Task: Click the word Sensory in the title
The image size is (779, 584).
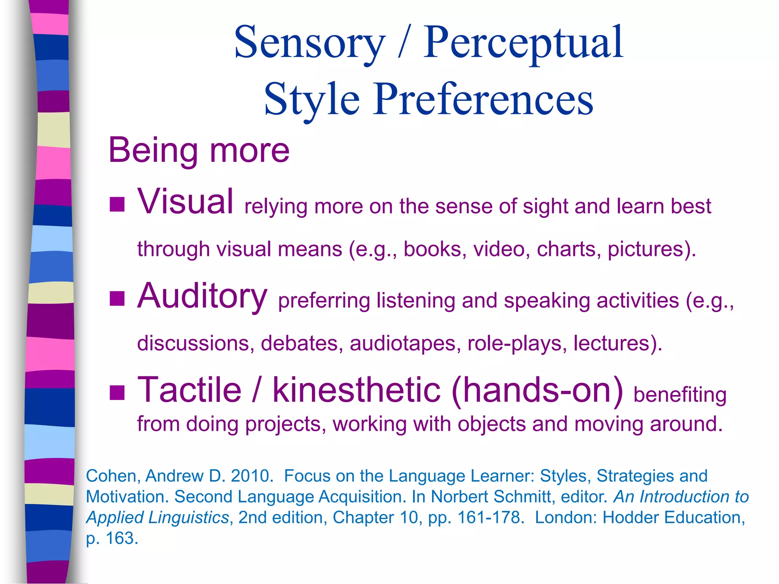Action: [309, 43]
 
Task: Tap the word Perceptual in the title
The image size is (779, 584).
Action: [523, 43]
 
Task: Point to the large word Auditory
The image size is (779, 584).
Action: [202, 296]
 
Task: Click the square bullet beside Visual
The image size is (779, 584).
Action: [117, 204]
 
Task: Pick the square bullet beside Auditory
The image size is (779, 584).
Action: [117, 298]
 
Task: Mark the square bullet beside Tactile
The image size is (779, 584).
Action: [117, 393]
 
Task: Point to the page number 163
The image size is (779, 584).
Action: [121, 538]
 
